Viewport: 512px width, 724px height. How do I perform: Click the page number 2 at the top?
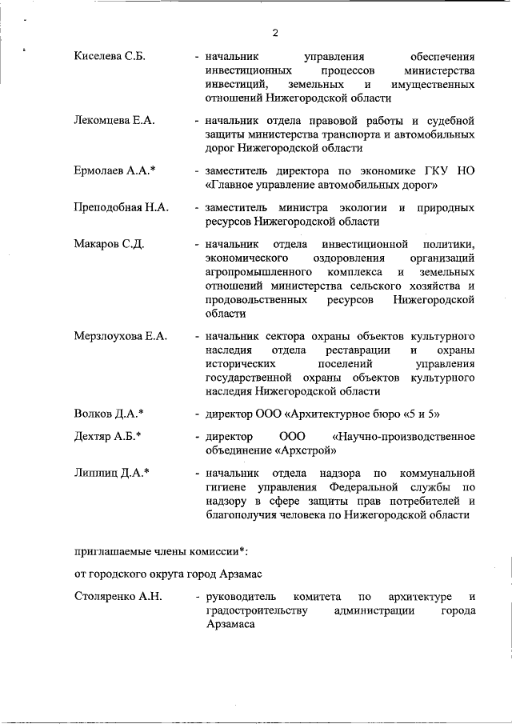pyautogui.click(x=274, y=33)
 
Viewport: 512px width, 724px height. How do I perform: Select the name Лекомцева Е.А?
pyautogui.click(x=114, y=120)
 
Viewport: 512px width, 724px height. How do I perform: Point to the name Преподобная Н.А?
pyautogui.click(x=122, y=207)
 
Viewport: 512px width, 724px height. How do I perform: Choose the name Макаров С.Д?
pyautogui.click(x=109, y=244)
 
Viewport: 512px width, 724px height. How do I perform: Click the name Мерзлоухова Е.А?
pyautogui.click(x=121, y=336)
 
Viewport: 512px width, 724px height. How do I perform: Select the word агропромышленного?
pyautogui.click(x=256, y=272)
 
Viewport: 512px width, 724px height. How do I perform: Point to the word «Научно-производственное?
pyautogui.click(x=403, y=437)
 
